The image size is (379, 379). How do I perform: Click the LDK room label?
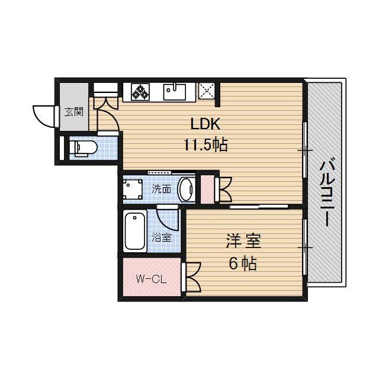click(x=205, y=125)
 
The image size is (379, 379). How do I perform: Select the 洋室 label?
click(x=243, y=242)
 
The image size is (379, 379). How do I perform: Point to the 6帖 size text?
click(x=243, y=264)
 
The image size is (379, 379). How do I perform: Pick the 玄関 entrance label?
click(x=74, y=111)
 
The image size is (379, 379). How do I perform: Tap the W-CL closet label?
click(x=150, y=278)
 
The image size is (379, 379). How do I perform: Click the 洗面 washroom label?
click(x=161, y=189)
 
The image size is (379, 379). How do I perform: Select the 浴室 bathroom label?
click(x=161, y=238)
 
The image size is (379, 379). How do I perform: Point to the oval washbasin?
click(x=186, y=189)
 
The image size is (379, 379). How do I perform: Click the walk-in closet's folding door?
click(x=192, y=277)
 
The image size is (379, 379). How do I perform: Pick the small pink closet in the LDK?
click(x=207, y=189)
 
